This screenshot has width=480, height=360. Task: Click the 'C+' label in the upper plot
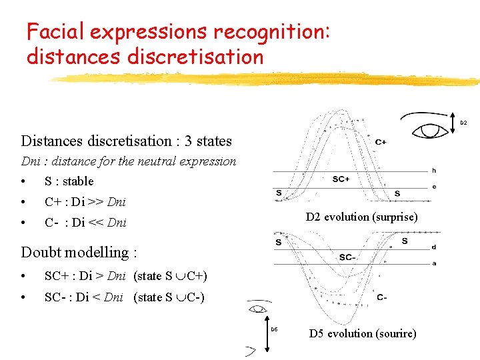(381, 141)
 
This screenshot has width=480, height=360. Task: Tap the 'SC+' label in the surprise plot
(341, 179)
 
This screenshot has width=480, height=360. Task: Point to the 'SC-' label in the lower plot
(348, 257)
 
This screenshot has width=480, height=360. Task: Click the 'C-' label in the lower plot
(381, 297)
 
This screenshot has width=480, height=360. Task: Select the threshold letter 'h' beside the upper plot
(434, 171)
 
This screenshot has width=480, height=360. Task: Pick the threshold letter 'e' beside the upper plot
(434, 187)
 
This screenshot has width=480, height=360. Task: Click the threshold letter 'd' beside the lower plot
(434, 247)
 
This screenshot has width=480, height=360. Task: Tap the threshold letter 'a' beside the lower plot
(434, 263)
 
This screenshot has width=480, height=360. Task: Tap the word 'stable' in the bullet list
(77, 181)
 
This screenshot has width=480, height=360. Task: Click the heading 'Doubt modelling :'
(79, 252)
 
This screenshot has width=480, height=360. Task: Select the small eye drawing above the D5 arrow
(257, 309)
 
